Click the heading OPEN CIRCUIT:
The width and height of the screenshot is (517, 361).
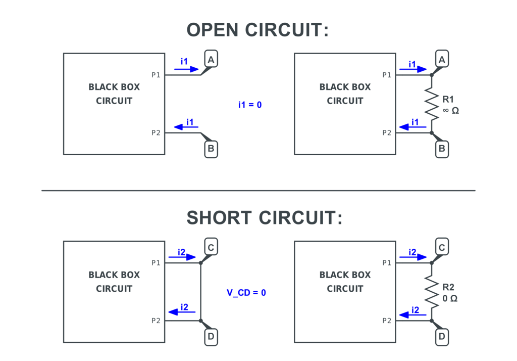(257, 30)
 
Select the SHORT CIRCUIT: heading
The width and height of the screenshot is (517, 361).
(264, 218)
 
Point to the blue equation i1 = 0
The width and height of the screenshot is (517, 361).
(250, 105)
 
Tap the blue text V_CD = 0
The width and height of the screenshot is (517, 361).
(246, 293)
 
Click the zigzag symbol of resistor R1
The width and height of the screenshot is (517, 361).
(431, 104)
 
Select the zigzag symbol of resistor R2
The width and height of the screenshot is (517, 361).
(431, 292)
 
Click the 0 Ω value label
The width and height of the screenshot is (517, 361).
(450, 298)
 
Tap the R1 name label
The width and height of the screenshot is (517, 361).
(448, 99)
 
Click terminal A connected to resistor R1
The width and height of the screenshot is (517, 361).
(442, 60)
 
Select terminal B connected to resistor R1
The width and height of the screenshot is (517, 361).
(442, 149)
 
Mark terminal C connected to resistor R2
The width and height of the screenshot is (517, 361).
(442, 248)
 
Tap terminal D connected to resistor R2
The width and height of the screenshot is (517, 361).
(442, 336)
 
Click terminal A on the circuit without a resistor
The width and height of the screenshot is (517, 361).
(211, 60)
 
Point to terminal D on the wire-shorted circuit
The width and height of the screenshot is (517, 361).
(211, 336)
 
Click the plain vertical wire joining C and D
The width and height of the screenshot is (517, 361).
(200, 292)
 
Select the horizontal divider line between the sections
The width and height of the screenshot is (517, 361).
(258, 191)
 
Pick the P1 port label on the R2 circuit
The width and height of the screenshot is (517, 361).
(387, 262)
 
